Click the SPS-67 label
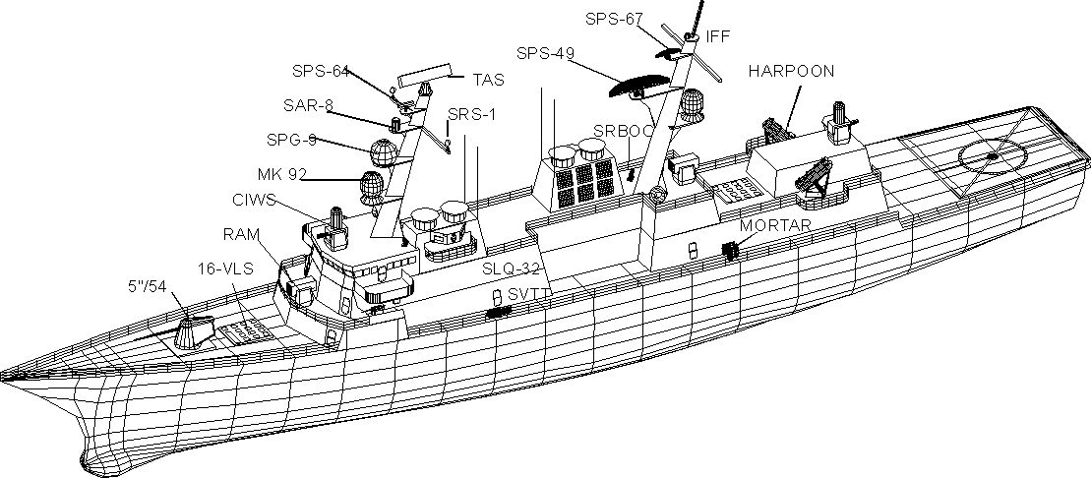click(x=614, y=19)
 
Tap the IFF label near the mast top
click(x=717, y=36)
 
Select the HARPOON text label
click(x=791, y=72)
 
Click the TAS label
click(x=487, y=79)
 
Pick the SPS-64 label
click(x=321, y=71)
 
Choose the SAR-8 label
click(x=308, y=105)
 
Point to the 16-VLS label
click(x=220, y=268)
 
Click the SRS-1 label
click(x=472, y=114)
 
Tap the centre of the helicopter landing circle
click(x=992, y=155)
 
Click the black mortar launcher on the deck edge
click(x=730, y=251)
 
